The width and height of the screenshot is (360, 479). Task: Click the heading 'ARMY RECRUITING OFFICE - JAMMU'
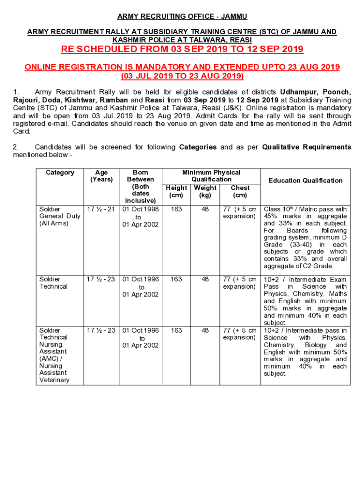pos(182,17)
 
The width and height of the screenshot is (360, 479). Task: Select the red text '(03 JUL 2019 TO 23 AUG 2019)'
pos(182,76)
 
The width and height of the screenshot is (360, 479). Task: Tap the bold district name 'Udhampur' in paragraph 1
pos(296,92)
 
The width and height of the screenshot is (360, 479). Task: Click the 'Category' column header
pos(60,173)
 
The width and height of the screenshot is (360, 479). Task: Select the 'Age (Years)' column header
pos(101,176)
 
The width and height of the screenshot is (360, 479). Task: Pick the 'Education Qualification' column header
pos(305,181)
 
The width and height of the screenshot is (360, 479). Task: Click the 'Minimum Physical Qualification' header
pos(211,176)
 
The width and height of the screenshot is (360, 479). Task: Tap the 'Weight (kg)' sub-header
pos(205,191)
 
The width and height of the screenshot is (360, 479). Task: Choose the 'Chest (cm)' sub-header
pos(240,191)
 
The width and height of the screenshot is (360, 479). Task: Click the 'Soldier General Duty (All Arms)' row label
pos(54,216)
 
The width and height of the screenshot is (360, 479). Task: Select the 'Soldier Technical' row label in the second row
pos(53,283)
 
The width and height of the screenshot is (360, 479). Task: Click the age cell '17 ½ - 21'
pos(101,209)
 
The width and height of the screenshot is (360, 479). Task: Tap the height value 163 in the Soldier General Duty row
pos(176,209)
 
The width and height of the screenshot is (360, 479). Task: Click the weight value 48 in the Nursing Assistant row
pos(205,330)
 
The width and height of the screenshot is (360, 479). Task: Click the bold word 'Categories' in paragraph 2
pos(198,147)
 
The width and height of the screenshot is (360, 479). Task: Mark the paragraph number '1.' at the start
pos(16,92)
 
